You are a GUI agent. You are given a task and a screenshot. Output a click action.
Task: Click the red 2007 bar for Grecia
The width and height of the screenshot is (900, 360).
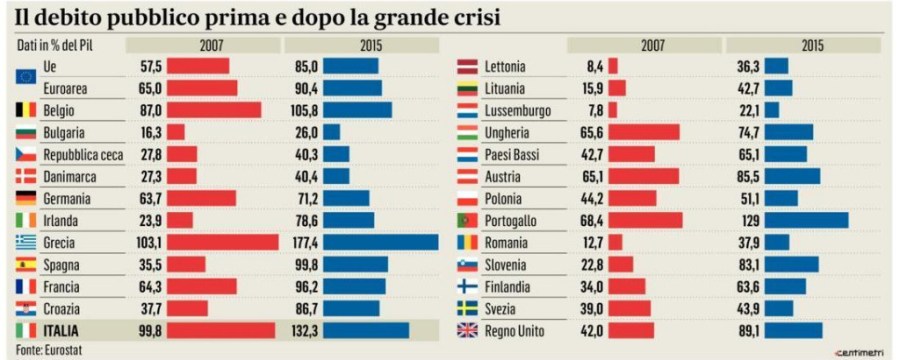tap(222, 242)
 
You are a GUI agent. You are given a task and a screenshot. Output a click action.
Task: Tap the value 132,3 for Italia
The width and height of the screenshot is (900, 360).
tap(305, 330)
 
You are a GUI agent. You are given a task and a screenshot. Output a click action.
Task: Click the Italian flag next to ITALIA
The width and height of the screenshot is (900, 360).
tap(27, 330)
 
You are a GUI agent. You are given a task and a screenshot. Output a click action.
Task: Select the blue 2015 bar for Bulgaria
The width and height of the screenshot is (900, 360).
tap(332, 132)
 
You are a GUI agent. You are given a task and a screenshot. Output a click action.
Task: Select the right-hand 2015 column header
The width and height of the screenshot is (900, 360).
tap(802, 45)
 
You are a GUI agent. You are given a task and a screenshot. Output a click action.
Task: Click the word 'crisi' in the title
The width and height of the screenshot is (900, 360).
tap(474, 17)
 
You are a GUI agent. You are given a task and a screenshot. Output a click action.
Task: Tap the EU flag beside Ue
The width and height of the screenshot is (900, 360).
tap(27, 66)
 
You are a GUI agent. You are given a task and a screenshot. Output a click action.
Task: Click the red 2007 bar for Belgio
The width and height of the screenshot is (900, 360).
tap(213, 110)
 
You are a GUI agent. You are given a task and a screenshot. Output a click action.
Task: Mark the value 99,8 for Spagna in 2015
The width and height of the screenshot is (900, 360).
tap(305, 264)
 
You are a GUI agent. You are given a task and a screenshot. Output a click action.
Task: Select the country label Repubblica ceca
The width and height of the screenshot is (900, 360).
tap(84, 154)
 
